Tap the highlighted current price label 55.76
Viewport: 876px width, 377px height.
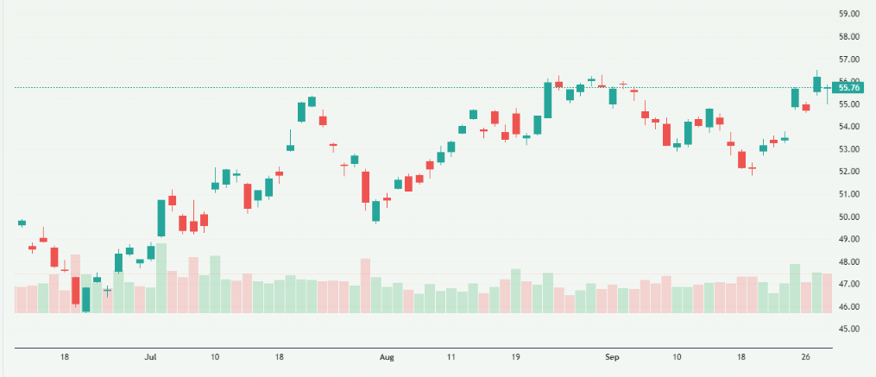848,87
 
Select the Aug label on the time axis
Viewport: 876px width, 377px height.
387,356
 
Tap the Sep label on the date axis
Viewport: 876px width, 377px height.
613,356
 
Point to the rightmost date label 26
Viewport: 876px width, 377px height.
805,356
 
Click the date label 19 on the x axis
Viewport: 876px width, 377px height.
515,356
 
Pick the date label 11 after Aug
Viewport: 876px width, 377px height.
451,356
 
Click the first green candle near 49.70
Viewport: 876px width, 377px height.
22,223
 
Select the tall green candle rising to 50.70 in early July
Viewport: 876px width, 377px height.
161,217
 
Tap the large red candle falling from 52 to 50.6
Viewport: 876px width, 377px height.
365,186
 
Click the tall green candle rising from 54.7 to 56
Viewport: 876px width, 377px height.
548,100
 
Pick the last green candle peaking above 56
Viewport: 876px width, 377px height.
816,84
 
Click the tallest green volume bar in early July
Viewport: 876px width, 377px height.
161,278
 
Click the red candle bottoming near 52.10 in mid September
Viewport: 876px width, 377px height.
741,159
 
